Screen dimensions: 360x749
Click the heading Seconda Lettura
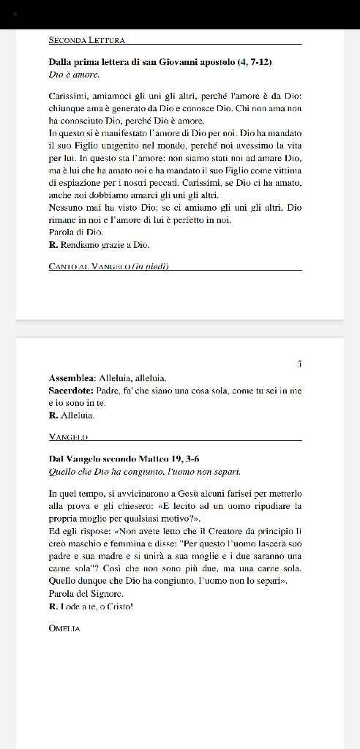point(86,39)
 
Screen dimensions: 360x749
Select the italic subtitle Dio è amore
point(74,75)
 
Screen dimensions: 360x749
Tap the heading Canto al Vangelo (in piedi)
point(108,266)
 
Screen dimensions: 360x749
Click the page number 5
point(299,364)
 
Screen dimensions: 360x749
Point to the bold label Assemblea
point(72,378)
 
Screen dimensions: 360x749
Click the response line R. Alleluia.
point(72,415)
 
